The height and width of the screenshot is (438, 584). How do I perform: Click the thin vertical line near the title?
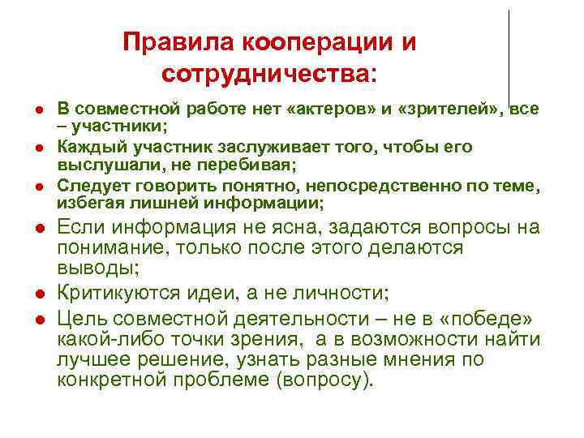click(x=509, y=57)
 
